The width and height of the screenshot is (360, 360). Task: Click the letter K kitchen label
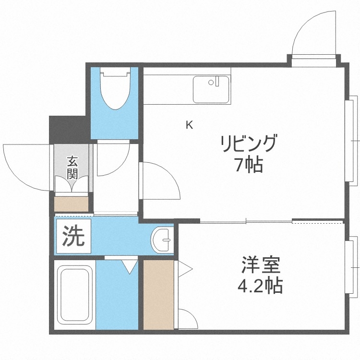click(x=190, y=126)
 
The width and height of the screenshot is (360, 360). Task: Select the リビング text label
click(x=249, y=144)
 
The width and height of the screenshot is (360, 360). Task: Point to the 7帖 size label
click(x=248, y=166)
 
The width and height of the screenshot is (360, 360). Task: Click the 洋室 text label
click(x=261, y=265)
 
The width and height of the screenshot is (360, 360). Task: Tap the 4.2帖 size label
click(x=260, y=287)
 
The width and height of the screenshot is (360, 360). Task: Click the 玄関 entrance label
click(x=72, y=167)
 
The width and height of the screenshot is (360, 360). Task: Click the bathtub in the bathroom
click(x=74, y=295)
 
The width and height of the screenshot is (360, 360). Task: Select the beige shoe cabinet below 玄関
click(x=72, y=203)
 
